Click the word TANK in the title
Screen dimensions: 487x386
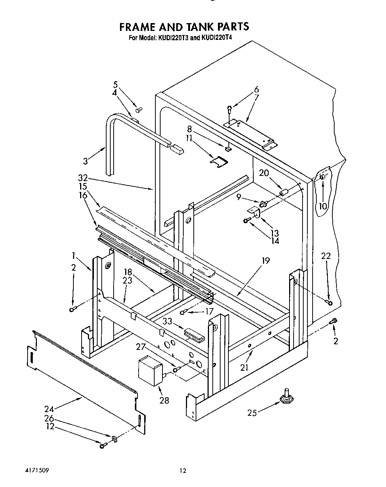coord(197,27)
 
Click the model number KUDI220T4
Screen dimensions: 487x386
coord(217,38)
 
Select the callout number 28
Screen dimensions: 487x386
coord(164,400)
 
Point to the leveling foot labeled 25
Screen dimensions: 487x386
coord(286,400)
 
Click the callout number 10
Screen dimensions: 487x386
coord(323,206)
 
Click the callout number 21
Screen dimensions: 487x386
coord(244,367)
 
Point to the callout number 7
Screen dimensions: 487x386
coord(256,98)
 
